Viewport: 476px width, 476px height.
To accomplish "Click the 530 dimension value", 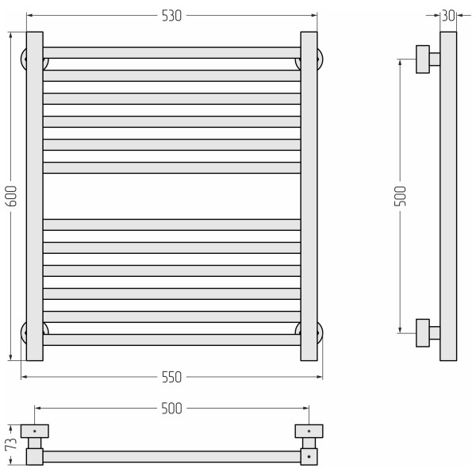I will click(171, 15).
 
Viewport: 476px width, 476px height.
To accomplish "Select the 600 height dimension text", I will click(11, 196).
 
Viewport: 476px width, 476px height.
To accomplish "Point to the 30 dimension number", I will click(448, 15).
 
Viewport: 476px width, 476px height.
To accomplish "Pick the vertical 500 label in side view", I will click(401, 195).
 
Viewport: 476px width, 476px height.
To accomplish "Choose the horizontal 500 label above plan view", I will click(171, 409).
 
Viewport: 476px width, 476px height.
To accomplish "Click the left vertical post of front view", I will click(34, 196).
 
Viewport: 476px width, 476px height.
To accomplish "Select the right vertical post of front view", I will click(309, 196).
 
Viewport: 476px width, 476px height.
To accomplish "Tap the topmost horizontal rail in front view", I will click(171, 52).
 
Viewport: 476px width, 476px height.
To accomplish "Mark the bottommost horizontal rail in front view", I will click(171, 340).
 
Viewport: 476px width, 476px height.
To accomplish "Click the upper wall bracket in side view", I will click(427, 59).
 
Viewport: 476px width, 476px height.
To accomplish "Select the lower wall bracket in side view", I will click(427, 331).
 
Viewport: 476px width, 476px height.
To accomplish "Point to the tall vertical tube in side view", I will click(448, 196).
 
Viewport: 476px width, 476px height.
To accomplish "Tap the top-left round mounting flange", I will click(24, 59).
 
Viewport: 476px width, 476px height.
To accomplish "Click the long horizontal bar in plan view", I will click(171, 457).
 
